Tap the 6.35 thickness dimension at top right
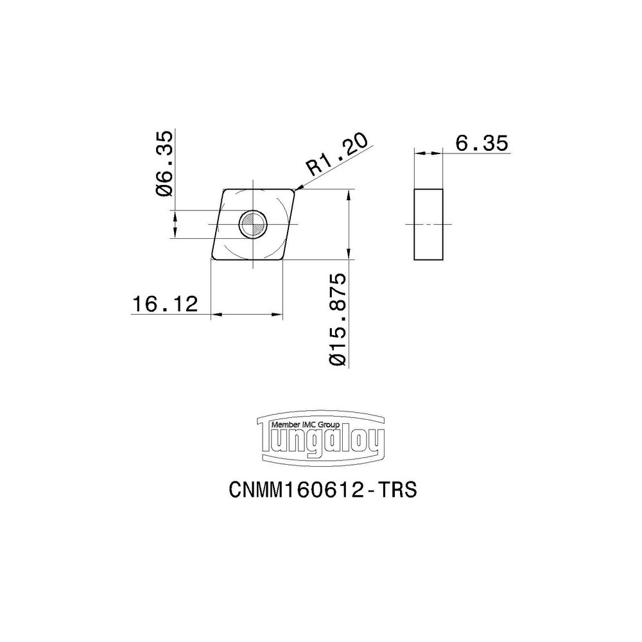(481, 144)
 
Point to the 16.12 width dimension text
(164, 304)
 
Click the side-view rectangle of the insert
(428, 225)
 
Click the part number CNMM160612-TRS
(323, 490)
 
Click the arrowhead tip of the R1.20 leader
(296, 190)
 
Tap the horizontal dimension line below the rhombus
(247, 315)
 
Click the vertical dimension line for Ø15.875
(347, 225)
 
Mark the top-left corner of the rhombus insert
(224, 191)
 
